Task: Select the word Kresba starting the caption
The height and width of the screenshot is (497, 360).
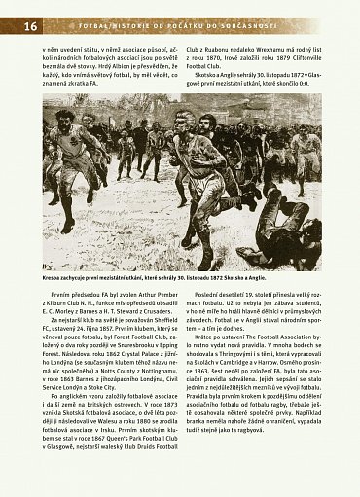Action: tap(54, 278)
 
